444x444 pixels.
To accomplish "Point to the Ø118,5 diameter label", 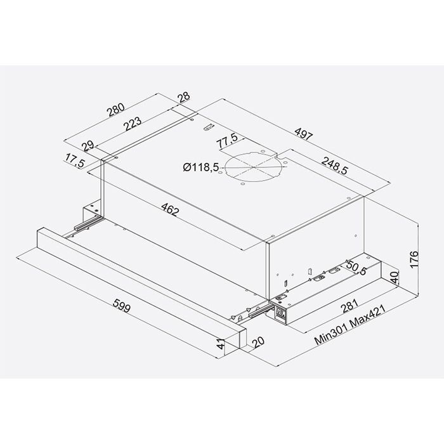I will pos(200,167).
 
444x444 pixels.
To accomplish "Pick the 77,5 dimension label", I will pos(227,139).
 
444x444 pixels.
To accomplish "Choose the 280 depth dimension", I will pos(117,108).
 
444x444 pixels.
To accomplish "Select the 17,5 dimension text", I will pos(75,162).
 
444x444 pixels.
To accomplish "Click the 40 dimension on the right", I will pos(394,278).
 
